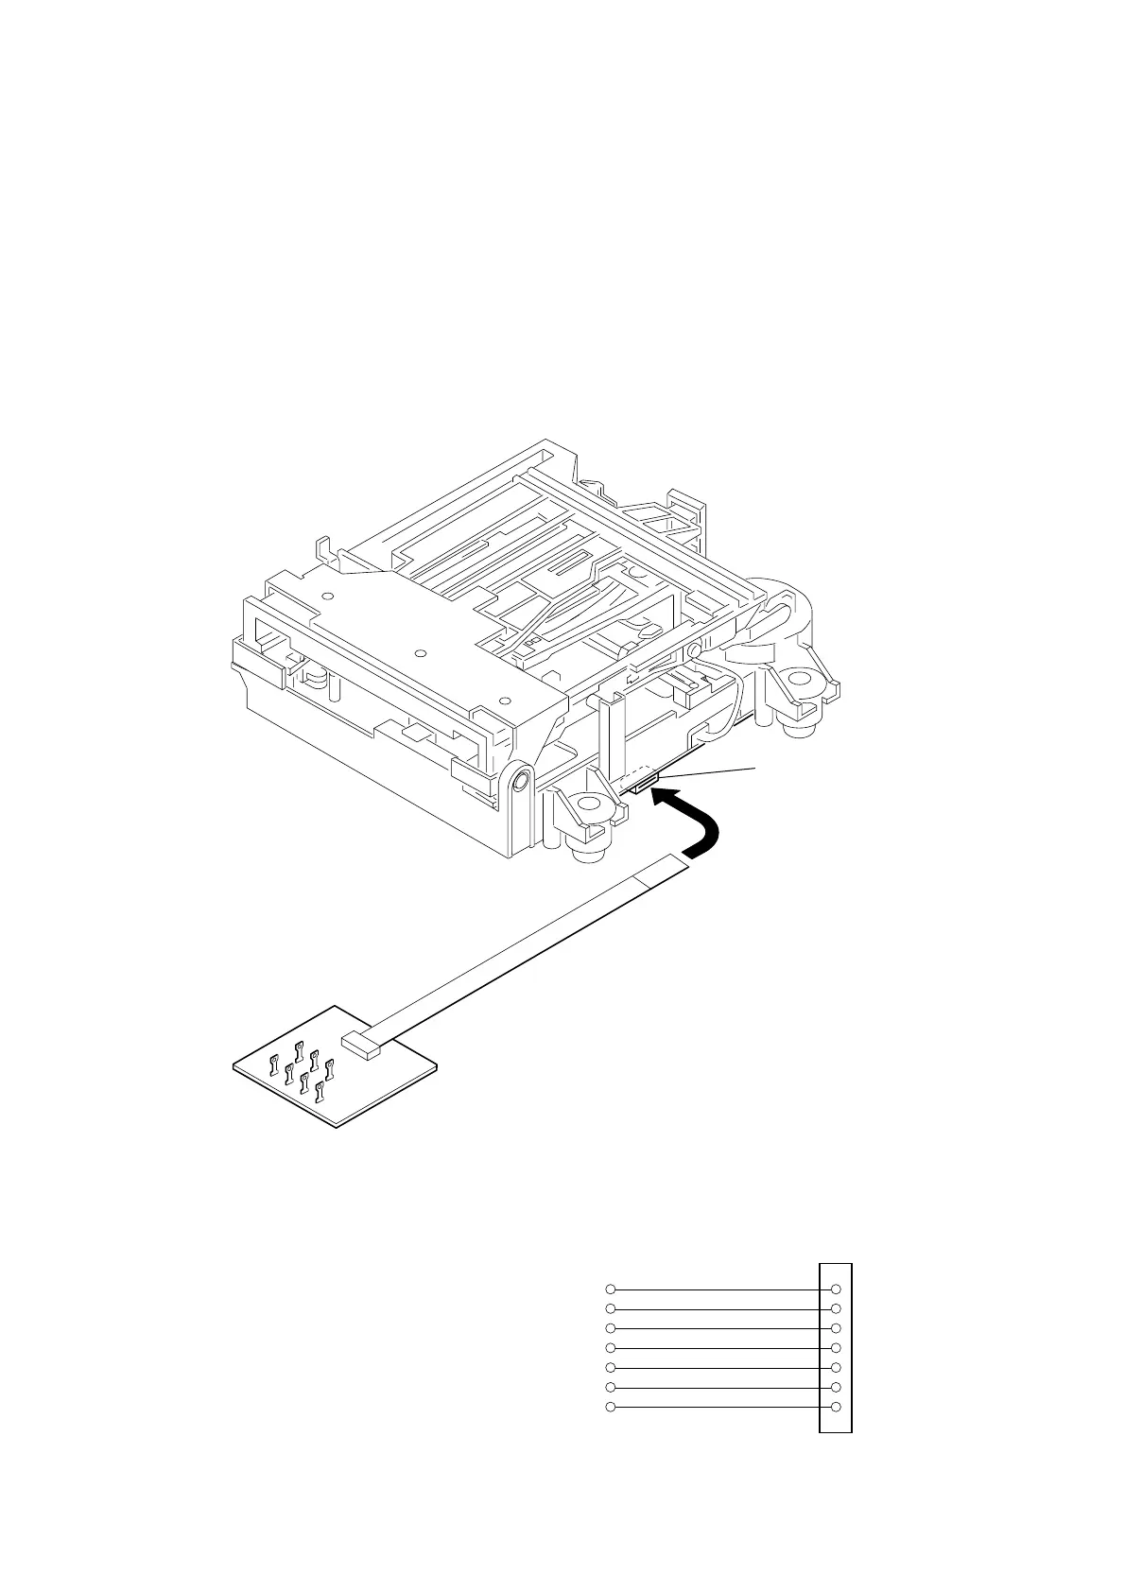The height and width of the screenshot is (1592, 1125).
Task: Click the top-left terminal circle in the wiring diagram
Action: coord(611,1289)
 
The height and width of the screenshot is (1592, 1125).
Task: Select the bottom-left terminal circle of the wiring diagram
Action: coord(611,1408)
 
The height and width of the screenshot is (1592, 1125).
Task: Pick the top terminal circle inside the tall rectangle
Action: coord(835,1289)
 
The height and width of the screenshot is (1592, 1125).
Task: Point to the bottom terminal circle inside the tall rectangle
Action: coord(835,1408)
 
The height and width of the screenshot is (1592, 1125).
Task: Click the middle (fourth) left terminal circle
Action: coord(611,1348)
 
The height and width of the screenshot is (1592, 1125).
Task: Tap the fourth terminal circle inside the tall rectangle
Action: coord(835,1348)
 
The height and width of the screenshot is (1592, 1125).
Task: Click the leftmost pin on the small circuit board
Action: coord(273,1063)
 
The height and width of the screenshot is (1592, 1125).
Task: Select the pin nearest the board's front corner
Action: coord(320,1092)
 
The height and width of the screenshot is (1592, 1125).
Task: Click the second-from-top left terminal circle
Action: coord(611,1308)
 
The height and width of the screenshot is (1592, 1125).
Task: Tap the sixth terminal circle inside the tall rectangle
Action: coord(835,1388)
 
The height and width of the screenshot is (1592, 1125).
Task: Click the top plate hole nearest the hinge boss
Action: coord(504,701)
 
